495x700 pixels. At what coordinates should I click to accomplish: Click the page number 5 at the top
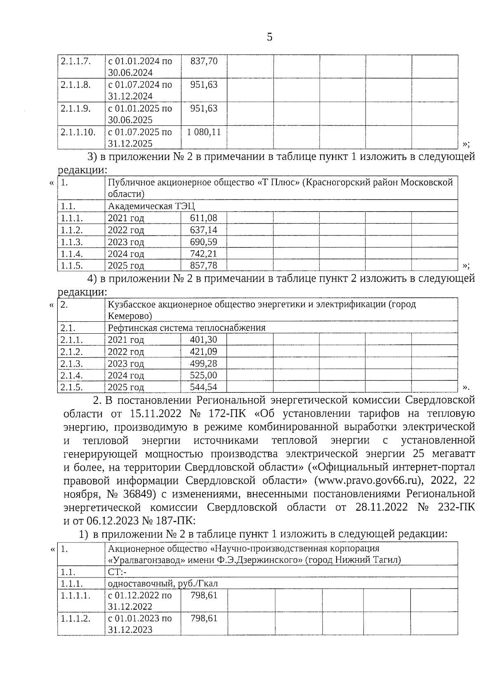(x=269, y=37)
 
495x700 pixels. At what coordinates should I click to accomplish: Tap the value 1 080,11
(x=204, y=132)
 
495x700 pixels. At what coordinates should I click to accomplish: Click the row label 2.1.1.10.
(x=78, y=132)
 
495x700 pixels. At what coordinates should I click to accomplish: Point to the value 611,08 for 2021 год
(x=203, y=218)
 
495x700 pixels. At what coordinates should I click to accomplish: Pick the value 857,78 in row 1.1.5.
(x=203, y=265)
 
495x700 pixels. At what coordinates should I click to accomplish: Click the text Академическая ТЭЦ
(x=151, y=206)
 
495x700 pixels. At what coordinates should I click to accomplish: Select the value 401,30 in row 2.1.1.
(x=203, y=340)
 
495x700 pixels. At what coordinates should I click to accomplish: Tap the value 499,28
(x=203, y=363)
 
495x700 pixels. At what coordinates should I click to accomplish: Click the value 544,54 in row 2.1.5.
(x=203, y=387)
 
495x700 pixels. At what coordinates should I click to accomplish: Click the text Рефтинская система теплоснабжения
(x=186, y=328)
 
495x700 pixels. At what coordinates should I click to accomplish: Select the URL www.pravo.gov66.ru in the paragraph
(x=366, y=481)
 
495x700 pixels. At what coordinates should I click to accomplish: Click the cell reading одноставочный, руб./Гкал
(x=163, y=583)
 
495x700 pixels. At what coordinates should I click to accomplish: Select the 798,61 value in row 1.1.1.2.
(x=204, y=618)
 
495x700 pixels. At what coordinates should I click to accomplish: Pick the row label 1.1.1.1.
(x=75, y=595)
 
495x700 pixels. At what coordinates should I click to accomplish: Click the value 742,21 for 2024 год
(x=203, y=253)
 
